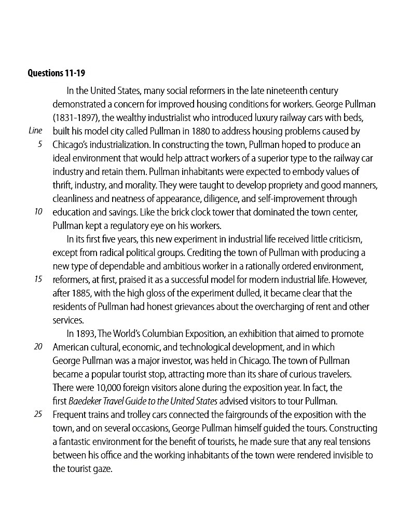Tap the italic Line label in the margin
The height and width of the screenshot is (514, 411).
pos(35,131)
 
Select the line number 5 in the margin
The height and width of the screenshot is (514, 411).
pos(40,144)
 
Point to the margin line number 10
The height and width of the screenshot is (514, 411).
pos(38,212)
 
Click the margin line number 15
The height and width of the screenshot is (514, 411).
pos(38,279)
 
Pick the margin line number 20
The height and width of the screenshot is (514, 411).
pos(38,347)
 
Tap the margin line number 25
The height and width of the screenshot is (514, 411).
pos(38,414)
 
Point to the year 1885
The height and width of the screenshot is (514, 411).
pos(83,293)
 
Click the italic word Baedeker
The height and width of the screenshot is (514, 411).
pos(86,401)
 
